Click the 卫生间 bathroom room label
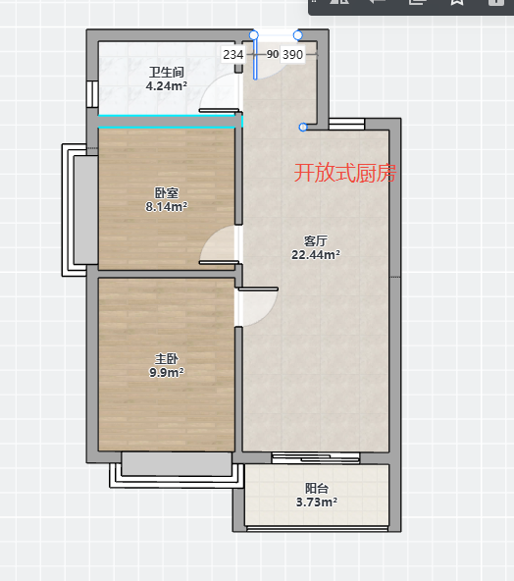[167, 72]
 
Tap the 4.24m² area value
[167, 86]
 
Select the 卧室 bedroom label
[167, 193]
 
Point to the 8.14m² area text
[167, 207]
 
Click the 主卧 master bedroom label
[167, 358]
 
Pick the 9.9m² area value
[167, 372]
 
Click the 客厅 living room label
[316, 241]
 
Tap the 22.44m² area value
[316, 255]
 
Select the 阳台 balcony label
[317, 489]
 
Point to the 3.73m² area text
[317, 502]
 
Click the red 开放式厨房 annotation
[345, 173]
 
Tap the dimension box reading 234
[232, 55]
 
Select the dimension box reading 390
[292, 55]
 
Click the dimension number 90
[273, 54]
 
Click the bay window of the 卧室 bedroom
[79, 210]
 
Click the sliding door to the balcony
[316, 458]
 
